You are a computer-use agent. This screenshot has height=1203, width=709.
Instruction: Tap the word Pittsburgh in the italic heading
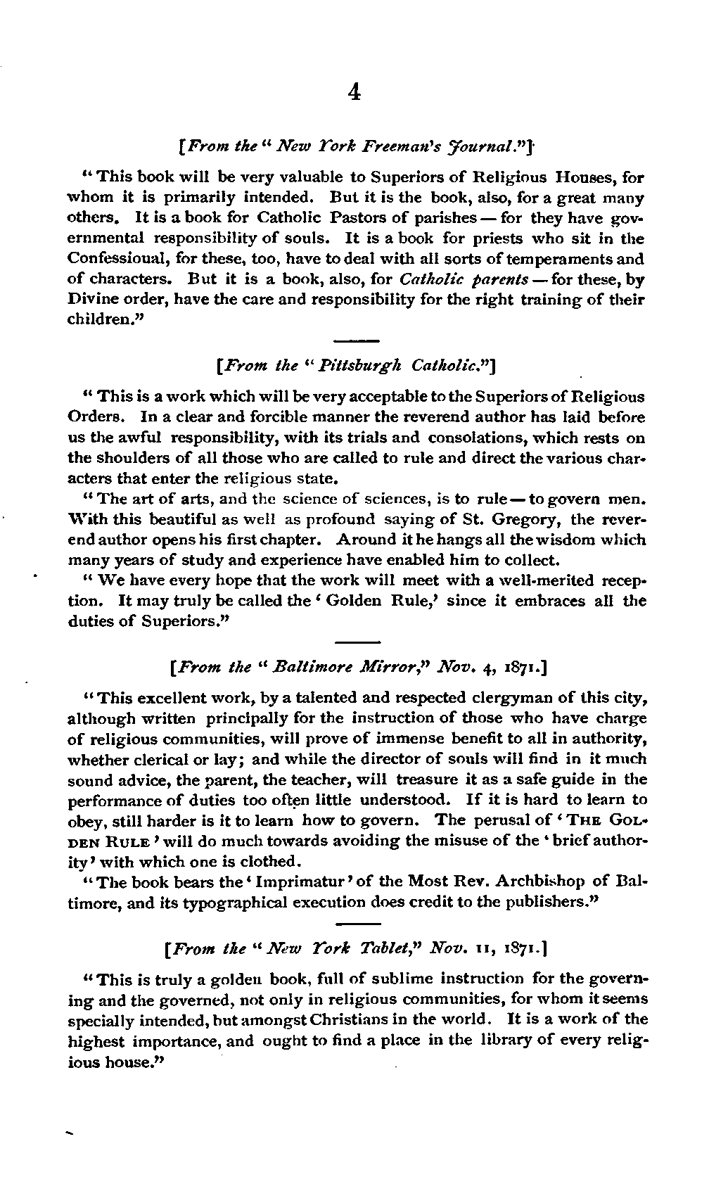[x=364, y=366]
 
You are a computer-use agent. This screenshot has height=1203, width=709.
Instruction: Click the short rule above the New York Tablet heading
[x=358, y=924]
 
